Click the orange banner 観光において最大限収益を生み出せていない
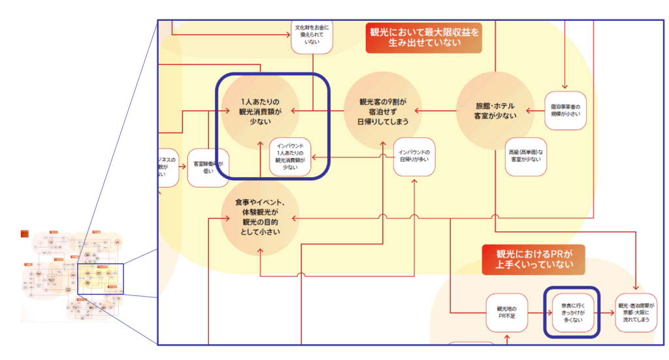[423, 38]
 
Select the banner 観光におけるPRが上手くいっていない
[533, 259]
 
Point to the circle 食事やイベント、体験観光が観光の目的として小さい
[261, 219]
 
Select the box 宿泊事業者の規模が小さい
[566, 110]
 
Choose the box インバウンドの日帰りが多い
[415, 157]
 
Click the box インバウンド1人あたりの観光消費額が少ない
[290, 157]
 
